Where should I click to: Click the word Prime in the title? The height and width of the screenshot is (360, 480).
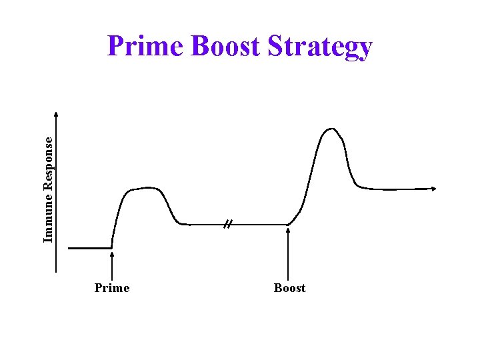coord(145,47)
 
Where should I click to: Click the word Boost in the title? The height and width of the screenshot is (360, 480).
coord(225,47)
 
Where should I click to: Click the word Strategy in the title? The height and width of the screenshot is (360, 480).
coord(319,48)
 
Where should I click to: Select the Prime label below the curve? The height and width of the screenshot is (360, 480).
coord(112,288)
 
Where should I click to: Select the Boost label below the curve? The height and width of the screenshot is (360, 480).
coord(289,288)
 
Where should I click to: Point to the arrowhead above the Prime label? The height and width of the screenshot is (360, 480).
coord(111,254)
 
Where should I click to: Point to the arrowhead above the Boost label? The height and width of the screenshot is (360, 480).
coord(288,230)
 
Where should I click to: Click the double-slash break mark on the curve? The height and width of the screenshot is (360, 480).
coord(227,225)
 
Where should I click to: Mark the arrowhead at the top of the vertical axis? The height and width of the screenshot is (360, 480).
coord(56,115)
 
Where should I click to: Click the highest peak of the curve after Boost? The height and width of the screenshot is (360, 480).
coord(330,129)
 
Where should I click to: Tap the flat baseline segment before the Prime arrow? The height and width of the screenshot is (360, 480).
coord(89,248)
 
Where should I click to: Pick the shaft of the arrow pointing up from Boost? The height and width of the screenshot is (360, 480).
coord(288,257)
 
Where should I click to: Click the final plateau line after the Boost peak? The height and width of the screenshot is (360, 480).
coord(397,189)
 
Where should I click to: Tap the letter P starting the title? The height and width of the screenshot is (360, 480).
coord(115,47)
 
